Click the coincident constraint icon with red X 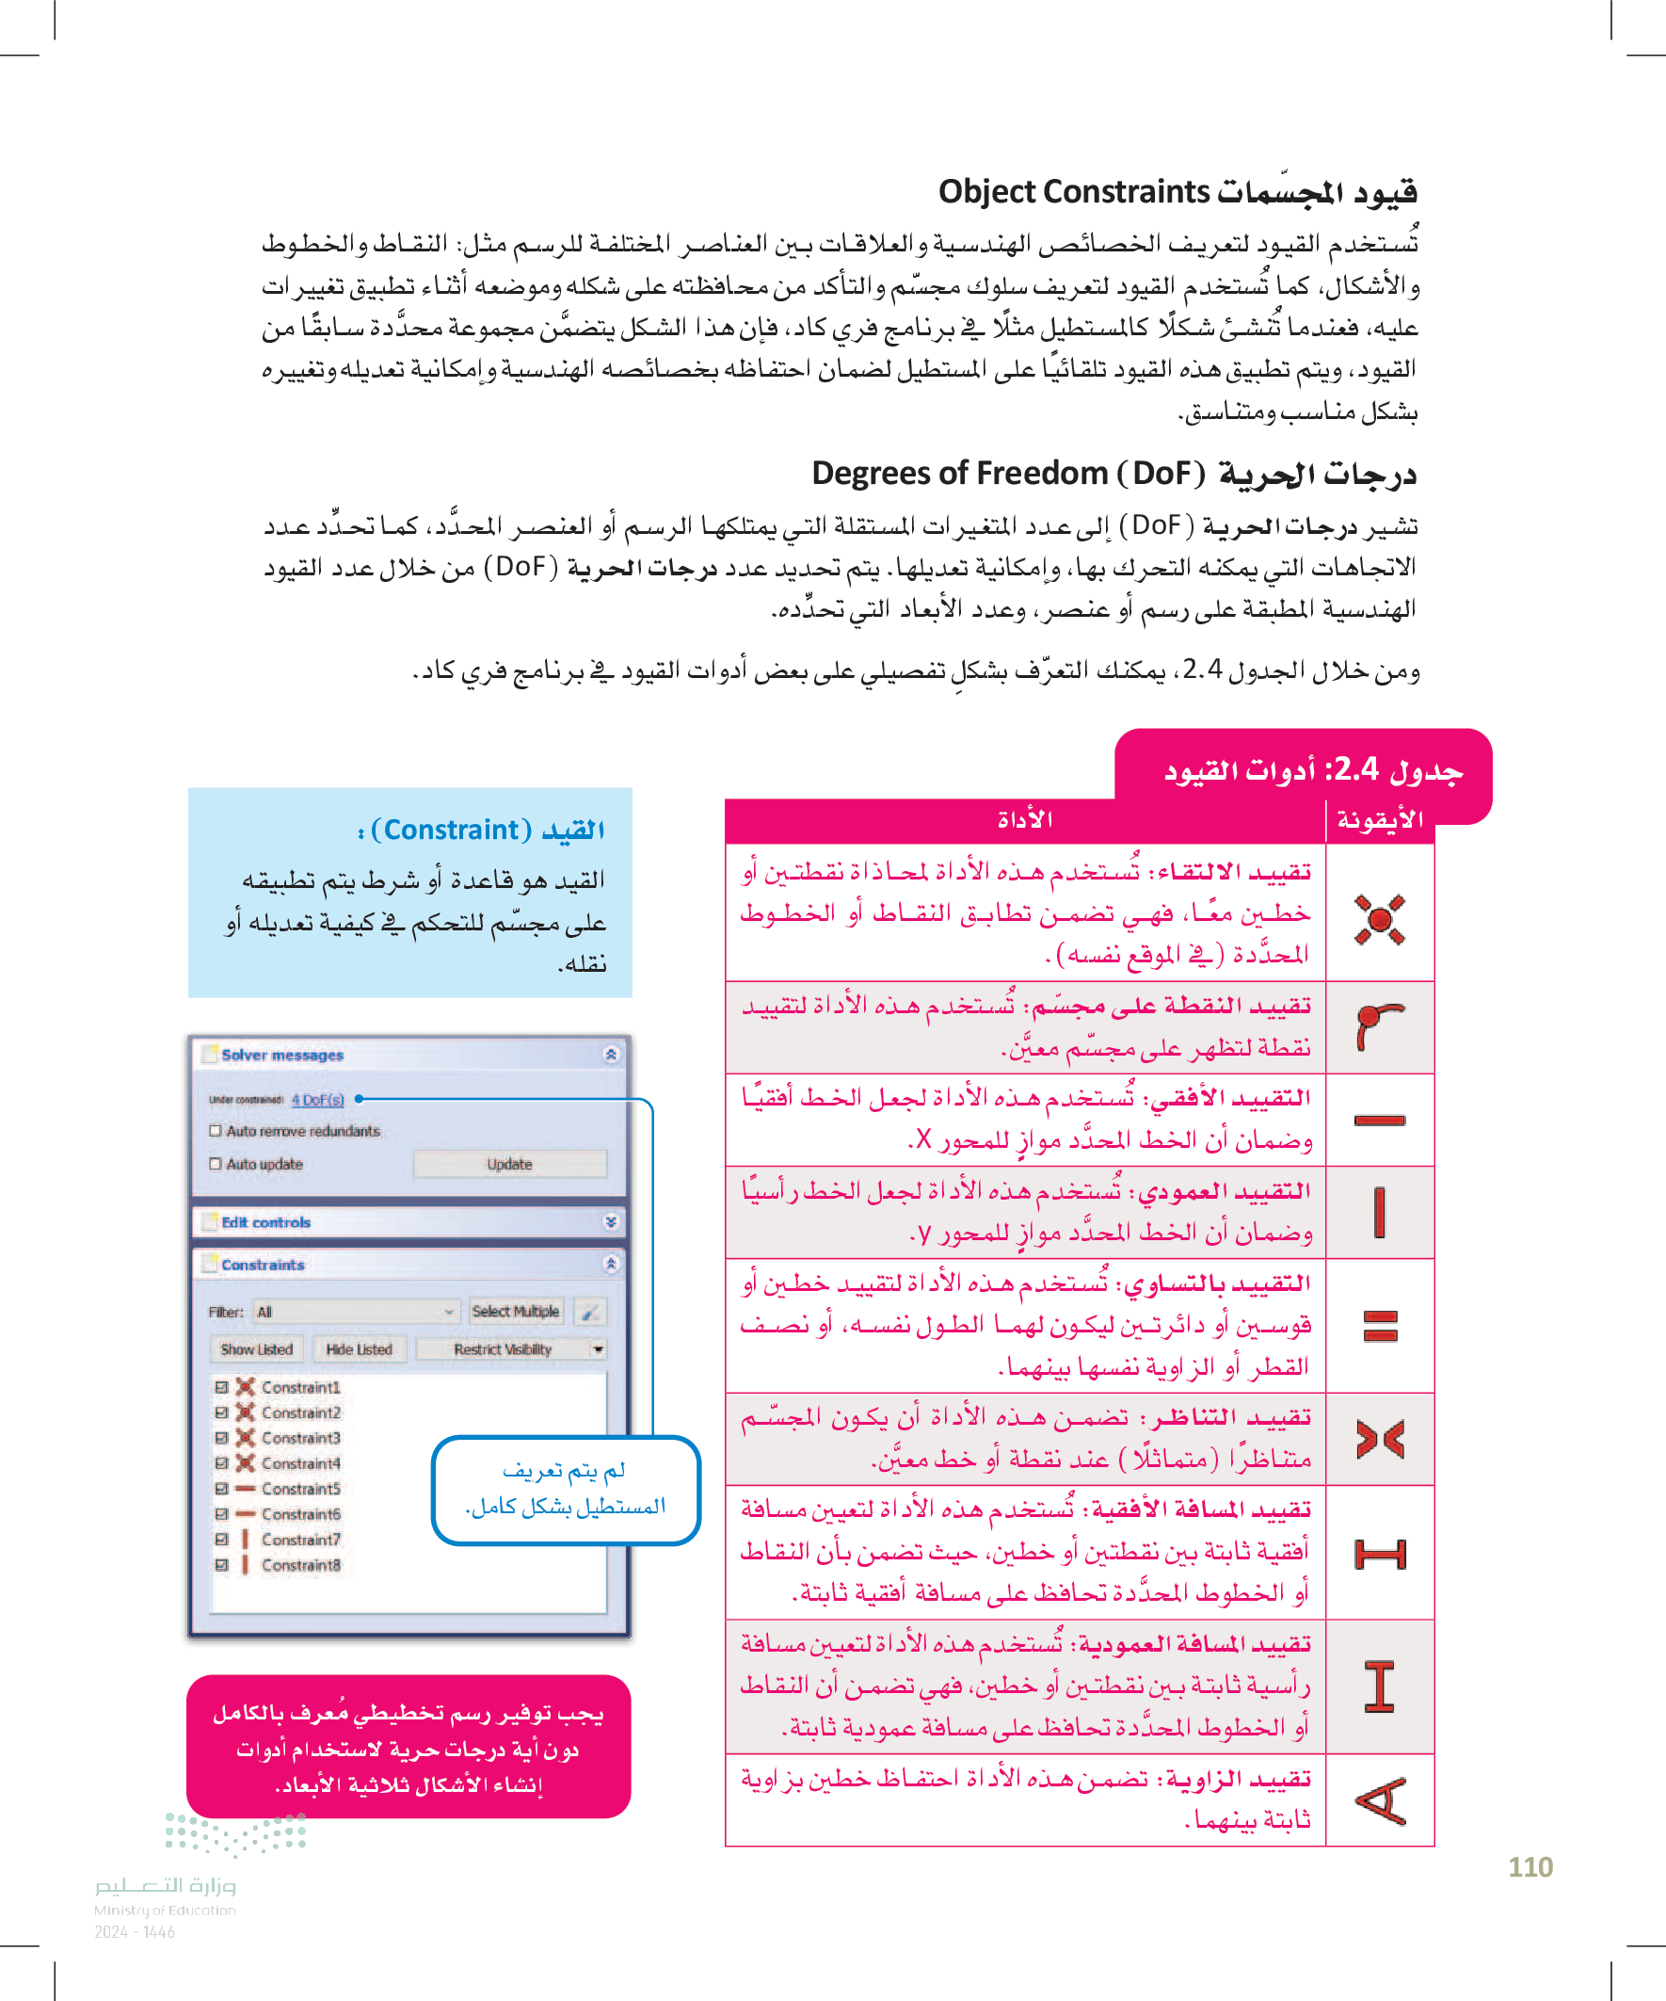click(1379, 919)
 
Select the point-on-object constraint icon click(1378, 1026)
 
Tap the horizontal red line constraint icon click(1379, 1120)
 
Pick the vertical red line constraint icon click(1379, 1212)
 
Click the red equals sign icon click(1380, 1326)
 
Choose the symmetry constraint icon click(1380, 1439)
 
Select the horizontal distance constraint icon click(1380, 1554)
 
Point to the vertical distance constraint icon click(1379, 1686)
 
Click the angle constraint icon click(1380, 1800)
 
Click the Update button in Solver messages click(509, 1165)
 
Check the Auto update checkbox click(216, 1165)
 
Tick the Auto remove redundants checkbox click(216, 1131)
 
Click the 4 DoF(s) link click(318, 1100)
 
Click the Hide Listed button click(360, 1349)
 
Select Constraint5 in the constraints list click(301, 1489)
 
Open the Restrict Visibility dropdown click(512, 1349)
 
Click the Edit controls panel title click(266, 1222)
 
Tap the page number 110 click(1530, 1866)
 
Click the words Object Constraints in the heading click(1074, 191)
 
